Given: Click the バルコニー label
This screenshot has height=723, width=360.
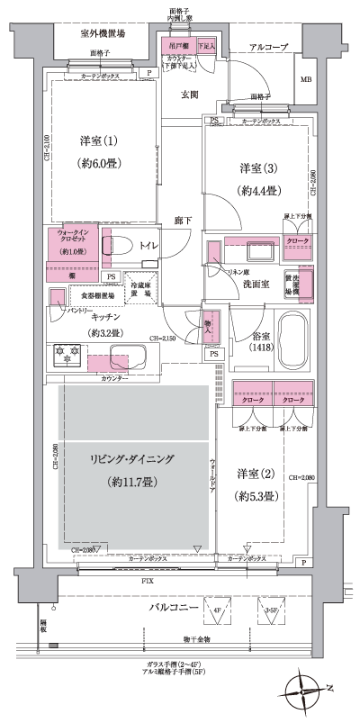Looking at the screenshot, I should click(x=173, y=610).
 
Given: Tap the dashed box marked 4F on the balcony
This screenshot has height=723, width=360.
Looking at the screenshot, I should click(x=216, y=611).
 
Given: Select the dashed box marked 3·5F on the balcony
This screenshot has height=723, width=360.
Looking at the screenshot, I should click(x=270, y=611).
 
